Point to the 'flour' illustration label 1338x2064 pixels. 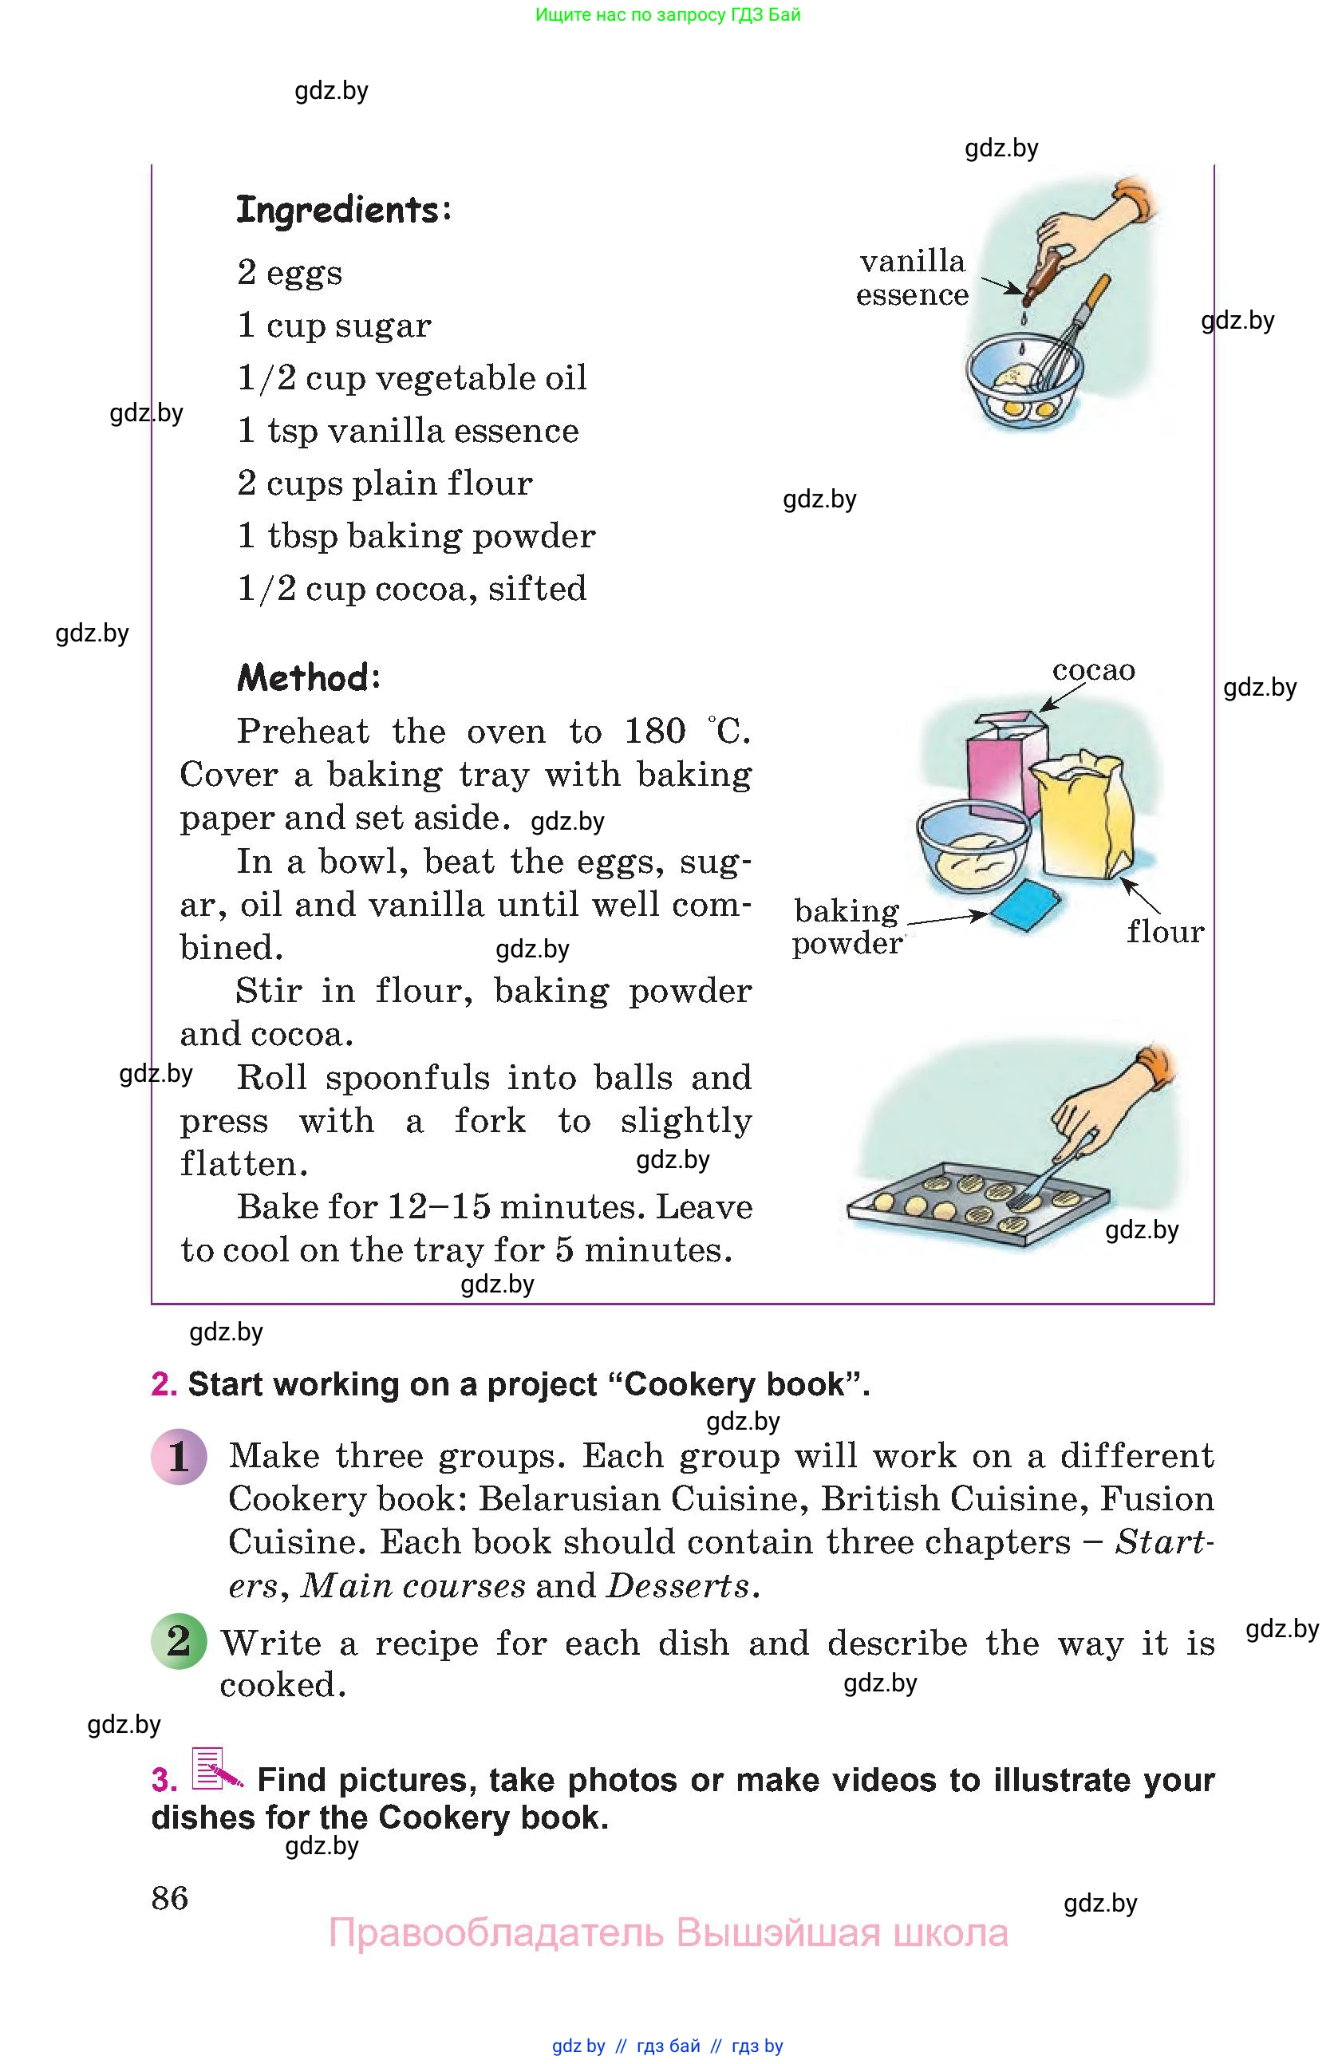pos(1165,932)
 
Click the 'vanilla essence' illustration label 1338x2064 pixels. pos(911,278)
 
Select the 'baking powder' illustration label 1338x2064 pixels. pos(847,927)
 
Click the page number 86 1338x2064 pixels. pos(170,1898)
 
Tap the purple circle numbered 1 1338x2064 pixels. pos(179,1457)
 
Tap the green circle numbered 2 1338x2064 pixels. pos(179,1641)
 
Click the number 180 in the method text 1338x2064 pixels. pos(655,731)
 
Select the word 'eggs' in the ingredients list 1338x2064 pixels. pos(304,273)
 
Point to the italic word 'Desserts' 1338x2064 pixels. pos(678,1586)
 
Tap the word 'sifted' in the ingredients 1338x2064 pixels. pos(537,589)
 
